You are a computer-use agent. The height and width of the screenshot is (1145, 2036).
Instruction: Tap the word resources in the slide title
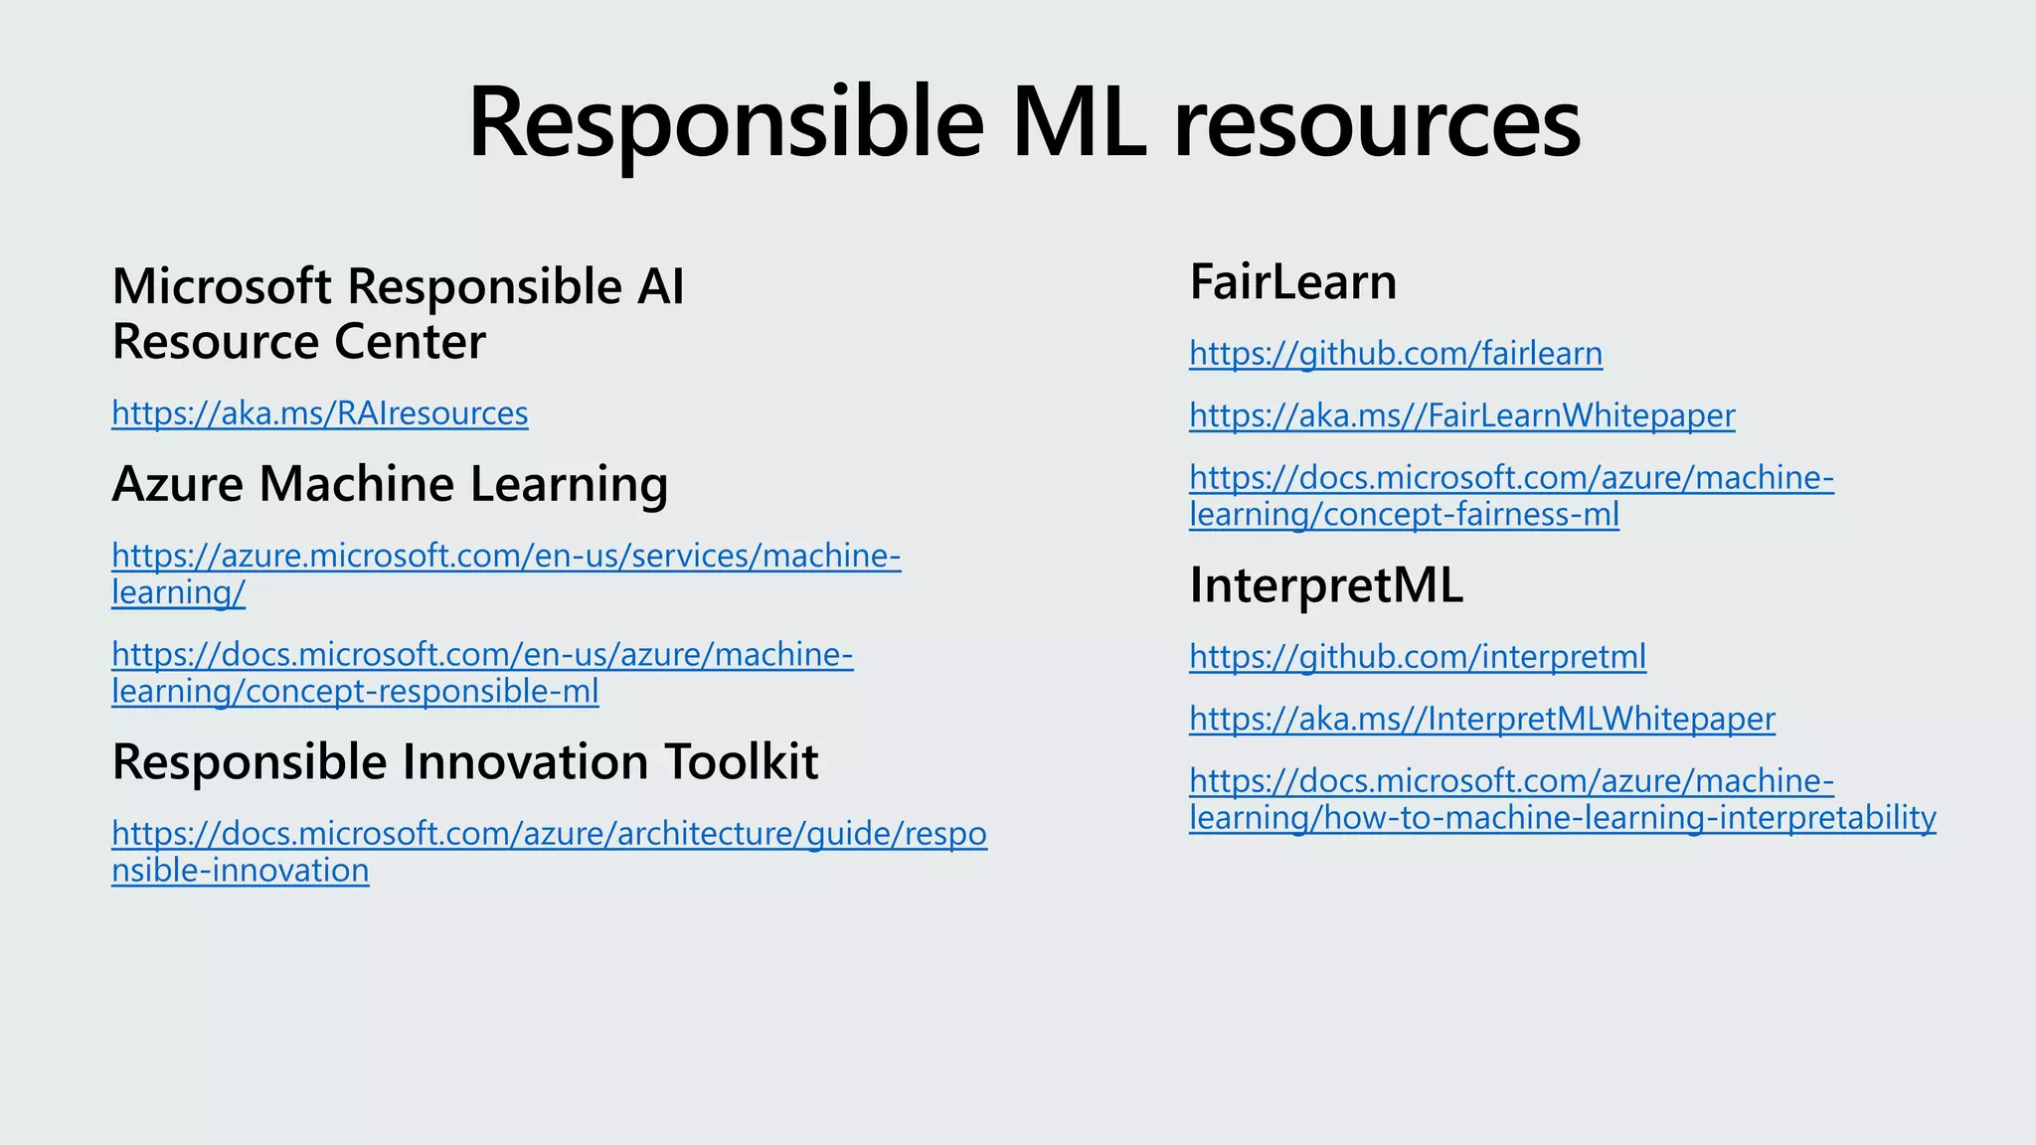point(1377,124)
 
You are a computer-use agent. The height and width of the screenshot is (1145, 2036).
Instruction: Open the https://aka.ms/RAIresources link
point(319,412)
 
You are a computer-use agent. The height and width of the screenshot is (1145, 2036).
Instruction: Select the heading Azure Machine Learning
point(390,484)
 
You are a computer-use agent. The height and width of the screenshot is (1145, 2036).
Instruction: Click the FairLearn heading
point(1292,282)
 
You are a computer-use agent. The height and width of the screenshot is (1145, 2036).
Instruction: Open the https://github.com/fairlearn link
point(1395,353)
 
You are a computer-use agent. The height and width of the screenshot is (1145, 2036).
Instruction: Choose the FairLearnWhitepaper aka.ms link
point(1461,415)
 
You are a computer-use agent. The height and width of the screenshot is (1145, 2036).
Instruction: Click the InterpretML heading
point(1325,585)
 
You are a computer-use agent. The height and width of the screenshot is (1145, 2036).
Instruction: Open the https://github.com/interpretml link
point(1417,656)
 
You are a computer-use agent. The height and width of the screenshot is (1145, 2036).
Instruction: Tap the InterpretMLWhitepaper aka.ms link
point(1481,719)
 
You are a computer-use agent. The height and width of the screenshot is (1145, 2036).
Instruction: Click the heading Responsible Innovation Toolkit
point(464,762)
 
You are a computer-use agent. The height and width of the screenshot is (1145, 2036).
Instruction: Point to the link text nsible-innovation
point(240,871)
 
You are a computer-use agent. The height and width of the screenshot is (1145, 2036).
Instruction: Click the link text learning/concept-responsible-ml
point(355,692)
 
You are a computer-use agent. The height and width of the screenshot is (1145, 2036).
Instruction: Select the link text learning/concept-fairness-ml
point(1404,515)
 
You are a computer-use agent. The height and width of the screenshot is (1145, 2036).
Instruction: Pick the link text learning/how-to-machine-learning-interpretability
point(1562,818)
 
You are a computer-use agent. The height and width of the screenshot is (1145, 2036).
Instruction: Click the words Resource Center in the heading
point(298,342)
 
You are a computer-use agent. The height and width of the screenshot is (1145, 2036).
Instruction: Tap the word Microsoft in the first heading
point(222,286)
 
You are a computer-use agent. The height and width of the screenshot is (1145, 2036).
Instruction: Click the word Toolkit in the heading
point(741,762)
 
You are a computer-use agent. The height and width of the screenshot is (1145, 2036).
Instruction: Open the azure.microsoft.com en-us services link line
point(505,555)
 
